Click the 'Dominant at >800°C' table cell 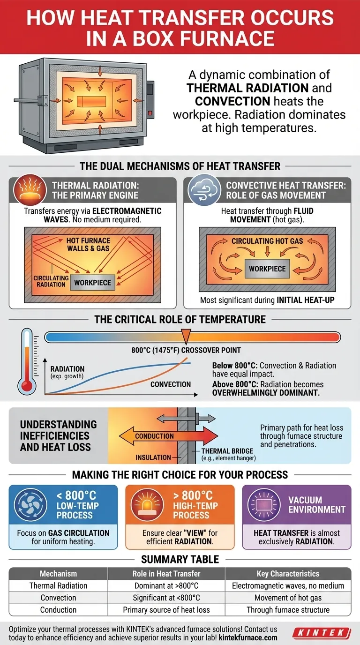pyautogui.click(x=166, y=585)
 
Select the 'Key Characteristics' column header pyautogui.click(x=288, y=573)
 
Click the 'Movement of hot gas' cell pyautogui.click(x=288, y=598)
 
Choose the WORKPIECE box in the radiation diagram pyautogui.click(x=93, y=282)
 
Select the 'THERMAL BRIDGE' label pyautogui.click(x=224, y=451)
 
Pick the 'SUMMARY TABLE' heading pyautogui.click(x=180, y=559)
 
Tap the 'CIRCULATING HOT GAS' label pyautogui.click(x=267, y=241)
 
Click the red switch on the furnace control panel pyautogui.click(x=149, y=112)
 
